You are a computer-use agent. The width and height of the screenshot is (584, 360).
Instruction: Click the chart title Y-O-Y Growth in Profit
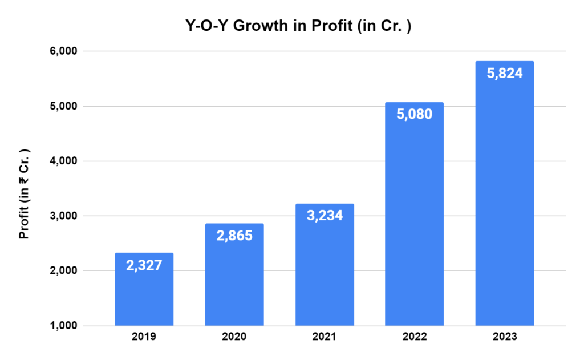(291, 26)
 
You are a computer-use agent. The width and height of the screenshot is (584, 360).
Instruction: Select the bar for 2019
(144, 297)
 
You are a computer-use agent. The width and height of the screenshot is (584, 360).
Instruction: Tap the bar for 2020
(234, 285)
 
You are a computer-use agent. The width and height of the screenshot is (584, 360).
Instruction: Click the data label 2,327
(144, 265)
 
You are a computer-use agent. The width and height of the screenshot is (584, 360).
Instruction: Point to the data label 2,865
(234, 236)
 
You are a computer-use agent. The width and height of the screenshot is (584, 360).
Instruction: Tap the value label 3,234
(324, 216)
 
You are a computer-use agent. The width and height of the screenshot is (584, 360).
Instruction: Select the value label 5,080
(414, 114)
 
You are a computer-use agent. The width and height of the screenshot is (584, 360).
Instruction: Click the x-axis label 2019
(144, 337)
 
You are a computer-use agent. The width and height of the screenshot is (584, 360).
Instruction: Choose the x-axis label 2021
(324, 337)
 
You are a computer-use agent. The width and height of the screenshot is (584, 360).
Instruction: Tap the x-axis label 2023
(504, 337)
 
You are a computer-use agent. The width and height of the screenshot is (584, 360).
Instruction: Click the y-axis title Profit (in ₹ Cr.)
(24, 195)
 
